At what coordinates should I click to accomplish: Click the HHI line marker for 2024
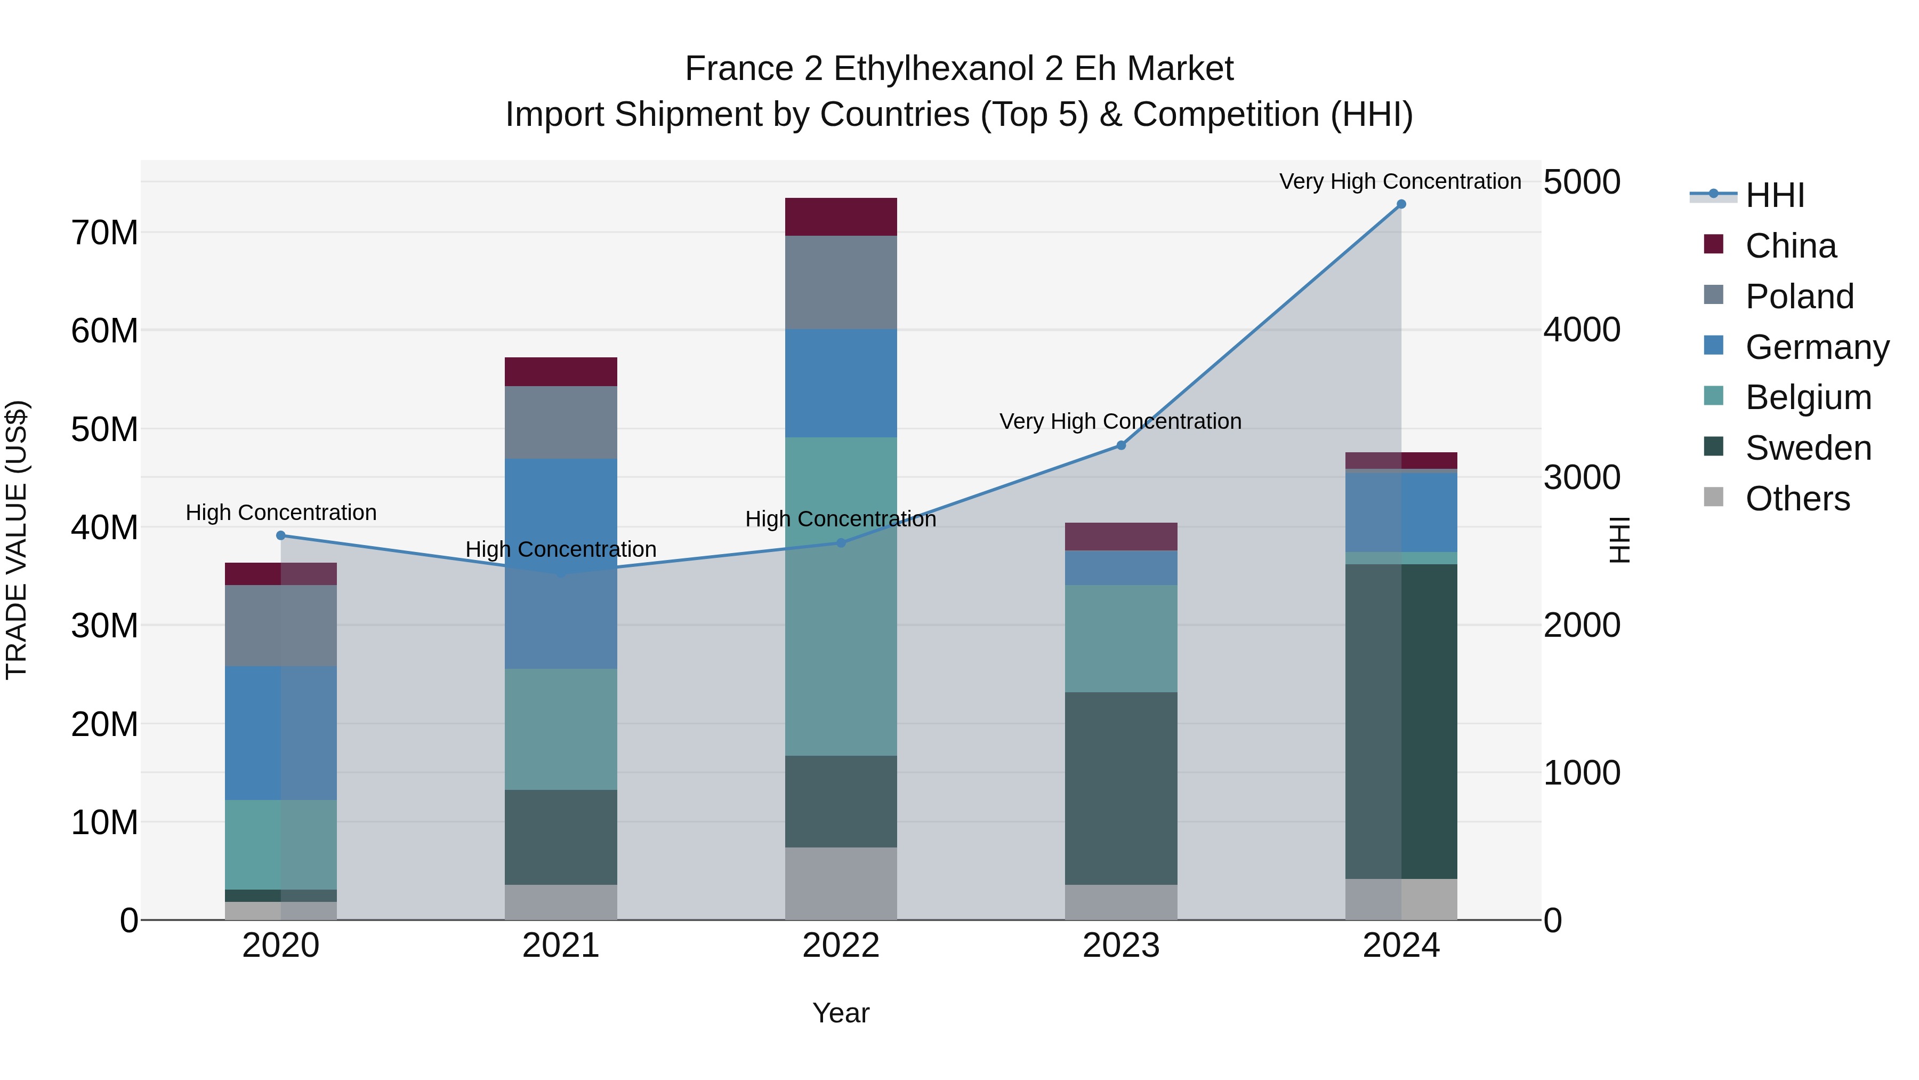[1400, 204]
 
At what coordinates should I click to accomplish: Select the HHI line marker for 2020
[281, 535]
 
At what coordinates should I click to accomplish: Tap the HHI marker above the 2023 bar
[1120, 445]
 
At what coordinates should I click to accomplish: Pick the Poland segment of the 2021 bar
[560, 422]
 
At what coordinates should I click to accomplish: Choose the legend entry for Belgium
[1808, 397]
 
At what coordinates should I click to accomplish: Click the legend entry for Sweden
[1808, 448]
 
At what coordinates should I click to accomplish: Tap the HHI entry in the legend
[1775, 195]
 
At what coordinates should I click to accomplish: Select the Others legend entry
[1797, 499]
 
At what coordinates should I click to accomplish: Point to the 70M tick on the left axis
[104, 233]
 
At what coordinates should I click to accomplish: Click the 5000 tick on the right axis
[1581, 182]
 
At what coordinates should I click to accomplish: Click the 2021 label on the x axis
[560, 946]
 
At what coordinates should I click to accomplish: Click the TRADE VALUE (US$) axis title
[17, 540]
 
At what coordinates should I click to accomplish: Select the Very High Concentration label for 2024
[1400, 181]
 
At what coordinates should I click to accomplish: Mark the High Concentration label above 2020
[281, 512]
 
